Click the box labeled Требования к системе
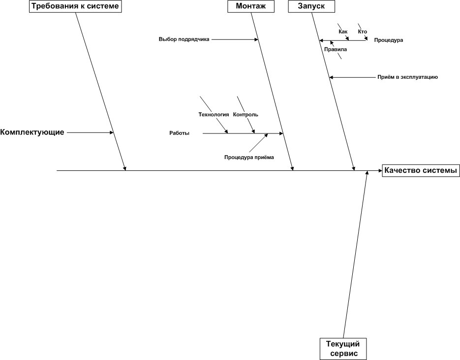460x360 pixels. (75, 6)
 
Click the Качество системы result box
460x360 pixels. (421, 170)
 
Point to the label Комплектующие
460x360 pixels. (32, 132)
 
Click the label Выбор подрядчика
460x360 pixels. (184, 39)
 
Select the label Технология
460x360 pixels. (214, 115)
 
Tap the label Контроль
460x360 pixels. (245, 115)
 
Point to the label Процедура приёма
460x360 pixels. (249, 158)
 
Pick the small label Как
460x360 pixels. (343, 32)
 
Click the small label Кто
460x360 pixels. (363, 32)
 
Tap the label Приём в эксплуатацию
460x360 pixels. (408, 77)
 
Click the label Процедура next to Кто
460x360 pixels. (389, 40)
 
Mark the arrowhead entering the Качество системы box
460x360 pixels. (380, 170)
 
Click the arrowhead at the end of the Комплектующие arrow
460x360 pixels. (112, 132)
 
